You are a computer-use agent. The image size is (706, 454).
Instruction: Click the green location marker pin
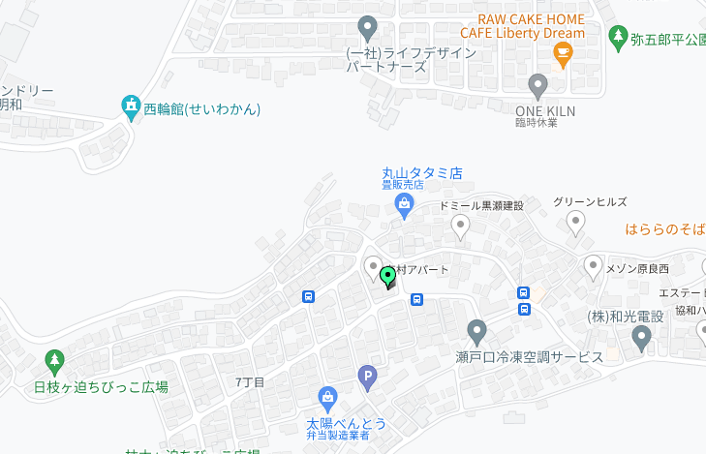388,277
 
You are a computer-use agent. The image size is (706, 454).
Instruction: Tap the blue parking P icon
367,377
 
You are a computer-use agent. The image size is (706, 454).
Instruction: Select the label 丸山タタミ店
421,173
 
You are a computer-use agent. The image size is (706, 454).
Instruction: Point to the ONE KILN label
544,111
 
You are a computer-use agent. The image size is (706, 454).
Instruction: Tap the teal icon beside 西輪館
131,107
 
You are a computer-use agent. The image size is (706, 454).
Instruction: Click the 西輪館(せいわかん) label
202,108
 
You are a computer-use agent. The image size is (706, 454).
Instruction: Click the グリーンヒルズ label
590,201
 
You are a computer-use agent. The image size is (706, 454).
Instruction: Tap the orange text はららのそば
665,229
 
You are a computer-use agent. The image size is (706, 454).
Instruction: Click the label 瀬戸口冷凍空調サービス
529,356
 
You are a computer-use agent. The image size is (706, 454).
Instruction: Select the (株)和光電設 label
626,316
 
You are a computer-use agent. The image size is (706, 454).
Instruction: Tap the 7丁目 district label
250,382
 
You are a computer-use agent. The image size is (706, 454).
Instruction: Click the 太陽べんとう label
346,423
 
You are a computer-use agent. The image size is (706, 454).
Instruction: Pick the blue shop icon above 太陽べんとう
328,397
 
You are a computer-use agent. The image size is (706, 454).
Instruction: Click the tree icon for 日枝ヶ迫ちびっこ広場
54,361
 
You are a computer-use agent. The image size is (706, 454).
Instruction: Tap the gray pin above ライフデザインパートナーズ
367,27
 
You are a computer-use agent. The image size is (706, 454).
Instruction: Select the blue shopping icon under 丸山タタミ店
404,205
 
